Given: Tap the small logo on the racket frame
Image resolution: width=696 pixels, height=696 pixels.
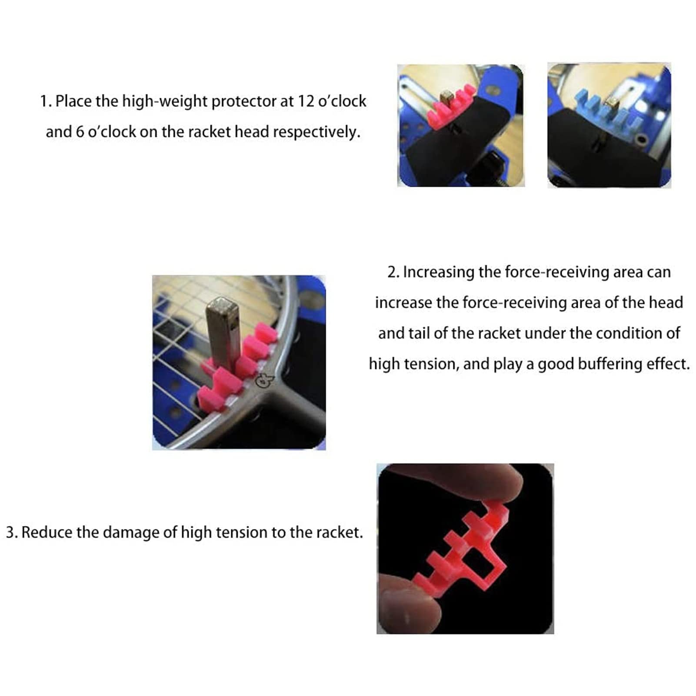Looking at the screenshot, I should tap(264, 380).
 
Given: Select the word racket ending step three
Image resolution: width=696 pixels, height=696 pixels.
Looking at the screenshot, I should tap(339, 532).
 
